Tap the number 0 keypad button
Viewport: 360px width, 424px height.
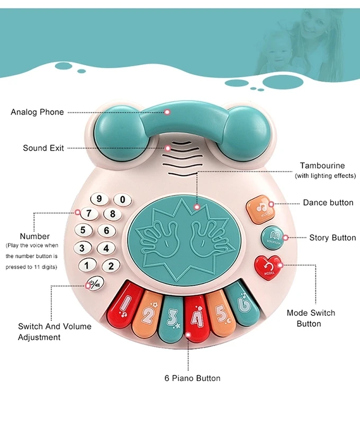coord(123,199)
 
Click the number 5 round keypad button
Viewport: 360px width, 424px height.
coord(83,231)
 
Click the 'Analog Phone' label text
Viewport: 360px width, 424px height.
coord(37,112)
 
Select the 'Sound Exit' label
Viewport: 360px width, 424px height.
coord(43,148)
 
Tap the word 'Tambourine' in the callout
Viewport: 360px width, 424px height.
coord(322,166)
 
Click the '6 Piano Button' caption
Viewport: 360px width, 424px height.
coord(192,378)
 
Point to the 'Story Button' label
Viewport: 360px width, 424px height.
coord(332,238)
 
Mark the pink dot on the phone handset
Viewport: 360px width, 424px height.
coord(167,112)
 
